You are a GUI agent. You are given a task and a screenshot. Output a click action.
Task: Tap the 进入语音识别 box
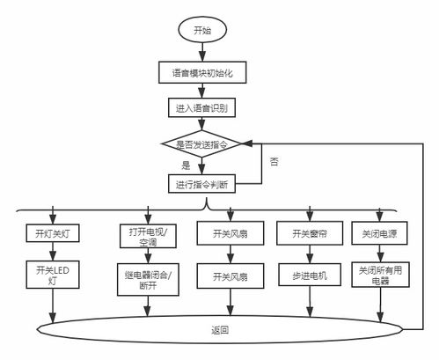(202, 108)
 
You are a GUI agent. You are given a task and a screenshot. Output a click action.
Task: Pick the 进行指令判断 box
(202, 184)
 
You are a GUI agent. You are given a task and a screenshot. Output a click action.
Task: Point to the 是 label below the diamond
(186, 165)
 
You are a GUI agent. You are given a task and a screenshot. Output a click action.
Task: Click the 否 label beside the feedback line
(274, 161)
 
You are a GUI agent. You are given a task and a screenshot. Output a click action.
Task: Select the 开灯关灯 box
(55, 234)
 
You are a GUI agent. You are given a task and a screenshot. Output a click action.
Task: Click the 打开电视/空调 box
(147, 235)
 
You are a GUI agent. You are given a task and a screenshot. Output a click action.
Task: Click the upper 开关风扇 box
(230, 234)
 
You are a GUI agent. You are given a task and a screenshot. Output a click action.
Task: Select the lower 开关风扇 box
(230, 276)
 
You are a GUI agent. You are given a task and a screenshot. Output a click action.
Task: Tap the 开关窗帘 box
(309, 234)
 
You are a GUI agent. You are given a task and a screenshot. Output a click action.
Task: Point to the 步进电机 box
(309, 276)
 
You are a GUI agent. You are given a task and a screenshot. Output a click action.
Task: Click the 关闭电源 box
(379, 234)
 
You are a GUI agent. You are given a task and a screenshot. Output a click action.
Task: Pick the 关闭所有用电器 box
(379, 276)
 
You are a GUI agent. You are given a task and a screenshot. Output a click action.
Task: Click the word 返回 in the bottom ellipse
(220, 330)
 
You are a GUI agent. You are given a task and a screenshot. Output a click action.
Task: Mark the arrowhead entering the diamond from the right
(251, 143)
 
